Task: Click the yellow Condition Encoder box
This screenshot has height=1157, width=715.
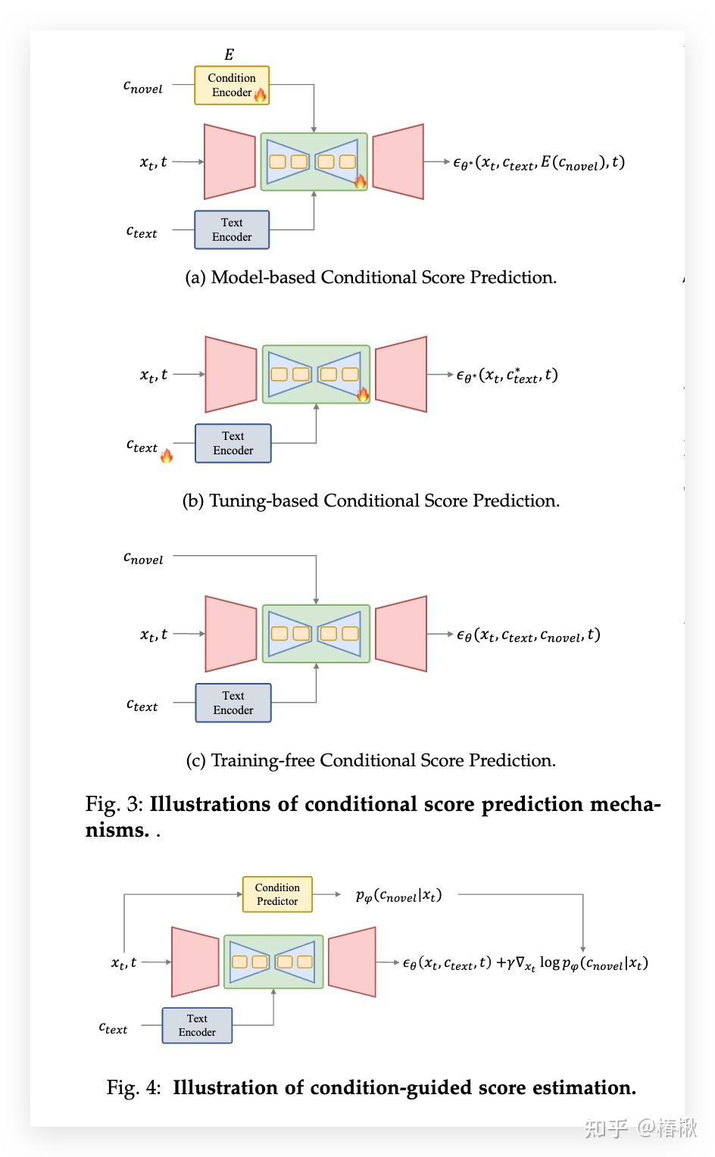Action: coord(232,86)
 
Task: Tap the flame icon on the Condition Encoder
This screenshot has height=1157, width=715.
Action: coord(261,95)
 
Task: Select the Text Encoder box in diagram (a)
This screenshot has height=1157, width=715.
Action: coord(232,230)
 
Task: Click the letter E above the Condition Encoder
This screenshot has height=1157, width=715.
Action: coord(229,55)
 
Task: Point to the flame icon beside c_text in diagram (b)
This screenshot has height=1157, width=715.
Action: coord(167,456)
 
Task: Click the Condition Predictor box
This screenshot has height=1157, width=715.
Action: coord(277,894)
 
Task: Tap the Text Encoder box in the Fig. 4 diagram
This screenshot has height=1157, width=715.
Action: coord(197,1025)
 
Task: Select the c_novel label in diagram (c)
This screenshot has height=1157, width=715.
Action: coord(143,558)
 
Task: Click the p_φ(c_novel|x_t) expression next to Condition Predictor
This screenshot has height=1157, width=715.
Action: coord(398,895)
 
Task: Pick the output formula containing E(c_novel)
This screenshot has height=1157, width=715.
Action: coord(539,163)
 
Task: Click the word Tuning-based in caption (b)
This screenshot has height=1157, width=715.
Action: coord(264,501)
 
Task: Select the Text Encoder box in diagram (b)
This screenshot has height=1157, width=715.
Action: coord(233,443)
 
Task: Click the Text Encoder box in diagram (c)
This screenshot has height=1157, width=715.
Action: coord(233,703)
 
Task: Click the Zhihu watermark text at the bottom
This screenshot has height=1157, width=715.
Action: coord(641,1128)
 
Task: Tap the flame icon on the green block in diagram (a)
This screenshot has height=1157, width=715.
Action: coord(360,181)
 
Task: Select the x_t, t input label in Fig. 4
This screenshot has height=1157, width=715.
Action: coord(123,963)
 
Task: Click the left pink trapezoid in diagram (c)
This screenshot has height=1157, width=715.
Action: coord(230,634)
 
